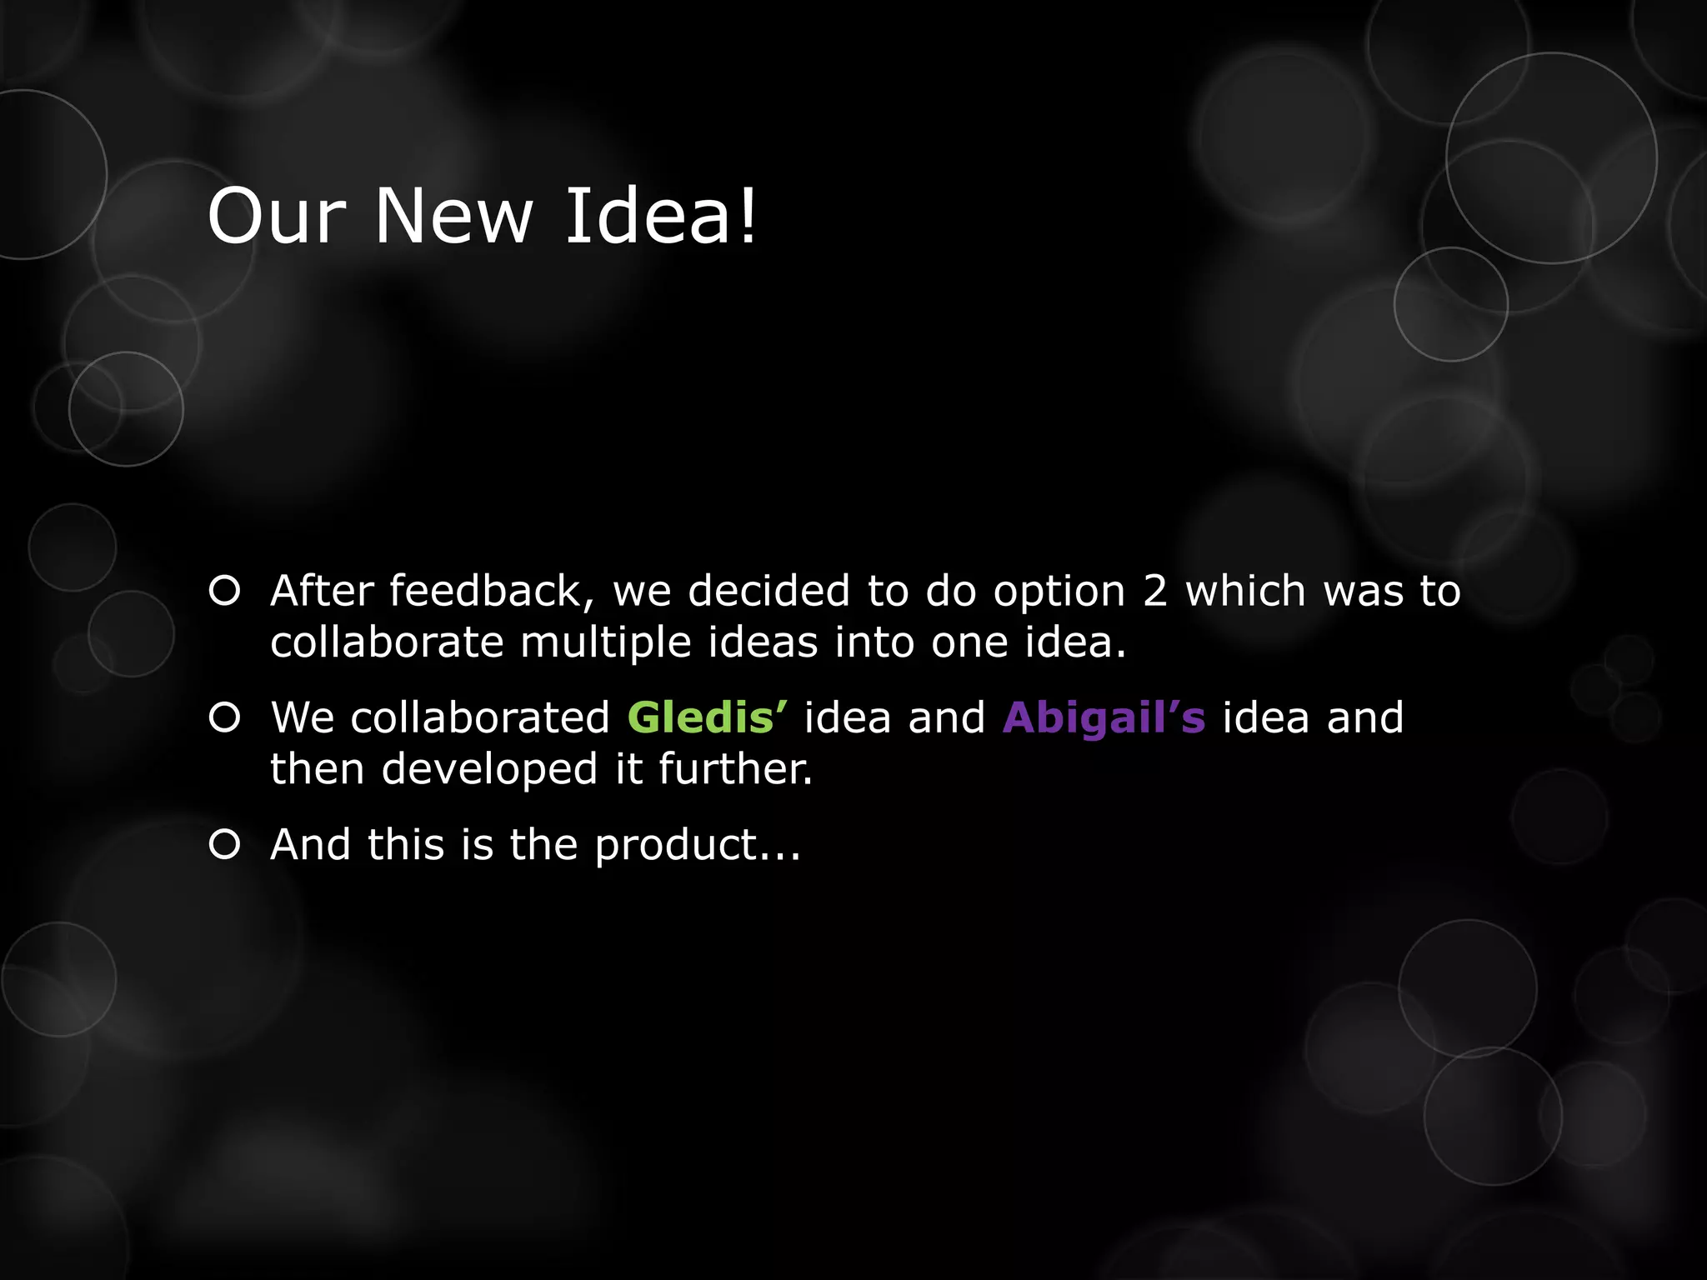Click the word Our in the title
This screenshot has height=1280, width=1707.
tap(276, 216)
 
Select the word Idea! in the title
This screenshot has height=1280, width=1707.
tap(661, 216)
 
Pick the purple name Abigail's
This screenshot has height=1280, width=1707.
tap(1104, 717)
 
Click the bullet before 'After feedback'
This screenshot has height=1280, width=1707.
tap(225, 591)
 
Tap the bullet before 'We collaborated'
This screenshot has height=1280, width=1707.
tap(225, 717)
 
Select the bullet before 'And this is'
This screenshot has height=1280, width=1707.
tap(225, 845)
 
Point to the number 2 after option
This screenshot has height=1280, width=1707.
tap(1154, 591)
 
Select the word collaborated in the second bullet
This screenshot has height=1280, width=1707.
tap(480, 717)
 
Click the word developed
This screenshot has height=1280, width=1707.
tap(489, 770)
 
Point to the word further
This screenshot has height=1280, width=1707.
tap(735, 768)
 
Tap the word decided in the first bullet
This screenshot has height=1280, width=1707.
tap(768, 591)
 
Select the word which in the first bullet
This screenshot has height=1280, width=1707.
tap(1245, 591)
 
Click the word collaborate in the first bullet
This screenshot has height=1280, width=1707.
tap(387, 642)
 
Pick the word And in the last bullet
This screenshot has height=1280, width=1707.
tap(310, 845)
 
